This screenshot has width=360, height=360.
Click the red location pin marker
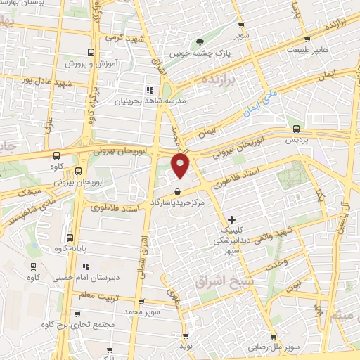(181, 165)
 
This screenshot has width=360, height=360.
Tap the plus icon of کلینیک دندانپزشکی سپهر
(232, 220)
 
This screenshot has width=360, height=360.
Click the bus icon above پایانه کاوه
(69, 237)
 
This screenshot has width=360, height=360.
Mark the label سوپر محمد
(143, 310)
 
